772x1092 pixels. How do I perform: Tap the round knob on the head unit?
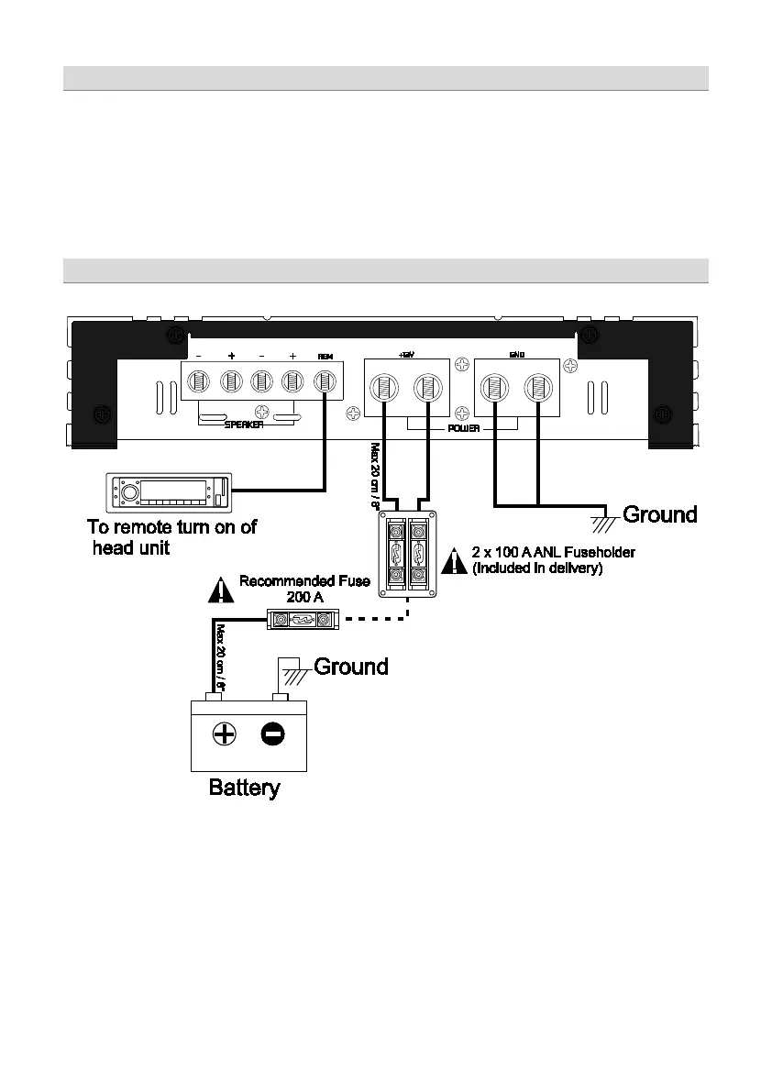coord(129,492)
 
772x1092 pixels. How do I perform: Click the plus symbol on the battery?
coord(224,734)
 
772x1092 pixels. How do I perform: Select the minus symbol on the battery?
coord(271,734)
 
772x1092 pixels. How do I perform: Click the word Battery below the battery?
coord(244,788)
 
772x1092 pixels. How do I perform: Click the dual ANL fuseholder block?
coord(407,555)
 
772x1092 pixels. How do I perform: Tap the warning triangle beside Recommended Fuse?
coord(221,590)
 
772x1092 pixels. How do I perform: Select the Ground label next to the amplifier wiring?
coord(660,514)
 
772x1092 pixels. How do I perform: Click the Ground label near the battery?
coord(351,666)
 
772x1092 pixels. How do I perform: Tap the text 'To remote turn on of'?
coord(171,527)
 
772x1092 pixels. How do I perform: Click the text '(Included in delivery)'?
coord(536,568)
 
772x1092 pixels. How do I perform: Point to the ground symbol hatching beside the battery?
coord(294,677)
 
